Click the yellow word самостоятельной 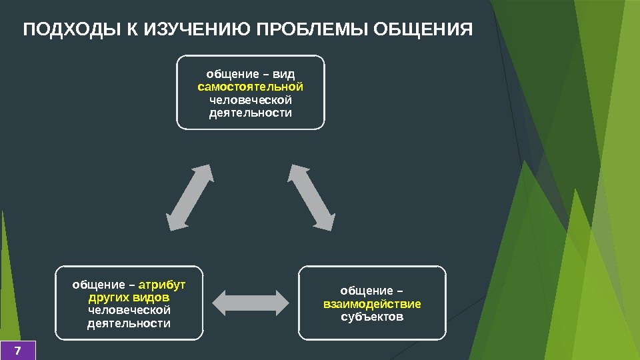(251, 87)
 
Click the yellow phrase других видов (129, 297)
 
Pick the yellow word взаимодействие (372, 304)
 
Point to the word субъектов (372, 317)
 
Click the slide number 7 (17, 350)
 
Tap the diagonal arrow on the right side (311, 197)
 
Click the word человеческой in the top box (251, 100)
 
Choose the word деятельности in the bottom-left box (129, 323)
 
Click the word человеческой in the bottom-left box (129, 311)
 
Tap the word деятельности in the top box (251, 113)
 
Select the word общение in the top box (234, 74)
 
